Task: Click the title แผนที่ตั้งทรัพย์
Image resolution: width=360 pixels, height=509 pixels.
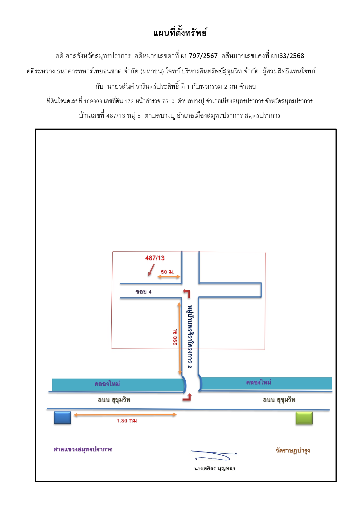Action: click(x=180, y=33)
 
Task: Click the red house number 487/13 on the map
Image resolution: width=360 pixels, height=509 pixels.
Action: click(x=155, y=258)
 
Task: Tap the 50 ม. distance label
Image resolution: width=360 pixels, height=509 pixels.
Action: click(x=167, y=272)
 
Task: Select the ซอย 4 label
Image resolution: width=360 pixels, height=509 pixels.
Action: click(x=143, y=291)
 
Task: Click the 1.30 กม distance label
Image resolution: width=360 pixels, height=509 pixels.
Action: click(x=127, y=421)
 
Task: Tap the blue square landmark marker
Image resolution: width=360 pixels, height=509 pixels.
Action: click(x=62, y=418)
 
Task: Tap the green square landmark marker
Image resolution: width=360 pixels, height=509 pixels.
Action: click(x=304, y=418)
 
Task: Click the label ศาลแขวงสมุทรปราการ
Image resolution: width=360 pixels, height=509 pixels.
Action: click(x=83, y=449)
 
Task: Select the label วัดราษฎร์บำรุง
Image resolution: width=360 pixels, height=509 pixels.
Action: click(x=293, y=450)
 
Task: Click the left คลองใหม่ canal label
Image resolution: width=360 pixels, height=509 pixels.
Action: click(x=107, y=384)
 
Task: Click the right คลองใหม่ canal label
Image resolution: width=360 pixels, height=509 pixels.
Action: click(x=258, y=382)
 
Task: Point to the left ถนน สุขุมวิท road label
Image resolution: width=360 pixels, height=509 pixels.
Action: click(x=114, y=400)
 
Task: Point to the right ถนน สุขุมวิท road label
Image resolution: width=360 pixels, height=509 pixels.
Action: click(x=279, y=400)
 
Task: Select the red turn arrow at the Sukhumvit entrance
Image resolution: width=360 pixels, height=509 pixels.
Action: click(x=187, y=398)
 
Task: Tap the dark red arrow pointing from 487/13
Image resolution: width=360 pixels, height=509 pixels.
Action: click(x=151, y=270)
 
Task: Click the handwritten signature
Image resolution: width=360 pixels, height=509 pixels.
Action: click(x=214, y=455)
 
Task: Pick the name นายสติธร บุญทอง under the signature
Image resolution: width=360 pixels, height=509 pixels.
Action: click(x=215, y=468)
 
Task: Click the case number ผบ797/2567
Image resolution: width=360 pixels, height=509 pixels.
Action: click(x=199, y=56)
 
